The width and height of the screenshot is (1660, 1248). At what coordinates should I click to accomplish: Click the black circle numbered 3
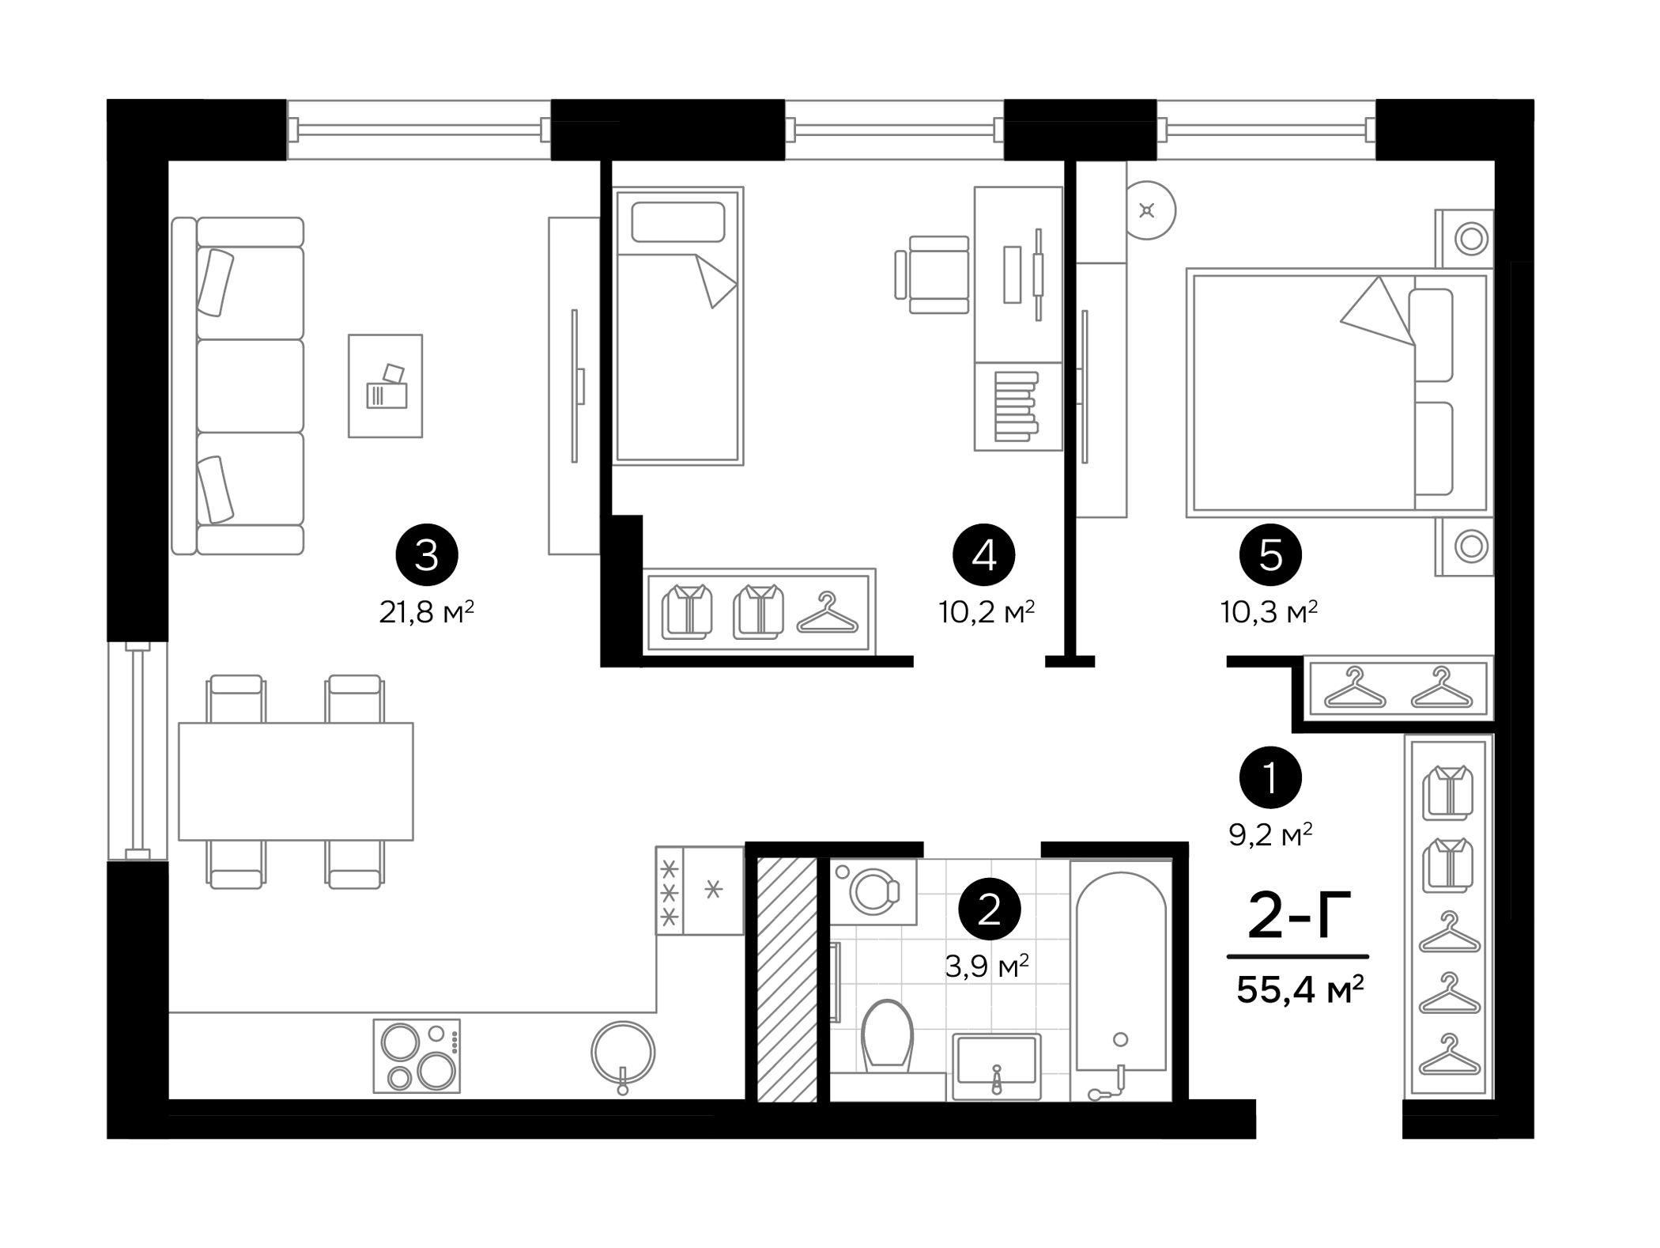[x=426, y=555]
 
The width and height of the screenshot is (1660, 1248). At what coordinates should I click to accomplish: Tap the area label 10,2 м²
[x=986, y=612]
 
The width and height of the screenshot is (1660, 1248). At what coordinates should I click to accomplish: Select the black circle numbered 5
[x=1270, y=555]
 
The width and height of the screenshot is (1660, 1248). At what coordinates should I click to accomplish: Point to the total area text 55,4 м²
[x=1300, y=989]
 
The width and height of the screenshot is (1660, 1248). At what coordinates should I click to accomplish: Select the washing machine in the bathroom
[x=873, y=892]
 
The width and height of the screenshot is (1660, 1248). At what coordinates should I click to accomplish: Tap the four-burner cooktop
[x=417, y=1056]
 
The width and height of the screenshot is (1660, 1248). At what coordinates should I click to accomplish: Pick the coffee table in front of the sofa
[x=385, y=385]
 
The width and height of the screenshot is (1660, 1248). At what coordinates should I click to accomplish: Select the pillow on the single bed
[x=677, y=222]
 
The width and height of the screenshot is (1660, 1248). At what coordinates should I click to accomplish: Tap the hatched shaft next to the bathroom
[x=787, y=979]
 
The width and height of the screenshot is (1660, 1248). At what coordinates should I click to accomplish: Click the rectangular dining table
[x=296, y=781]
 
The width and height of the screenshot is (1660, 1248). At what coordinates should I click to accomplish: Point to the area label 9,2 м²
[x=1270, y=834]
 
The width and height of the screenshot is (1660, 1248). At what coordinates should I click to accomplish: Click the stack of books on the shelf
[x=1016, y=406]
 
